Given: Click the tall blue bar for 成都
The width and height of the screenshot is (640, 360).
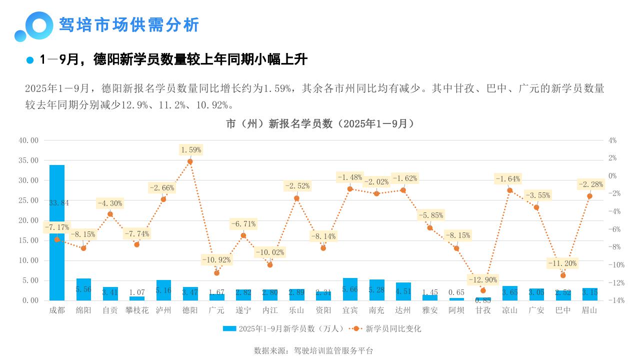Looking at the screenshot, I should pos(57,260).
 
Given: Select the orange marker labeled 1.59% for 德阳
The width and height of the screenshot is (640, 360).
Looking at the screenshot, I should pos(190,161).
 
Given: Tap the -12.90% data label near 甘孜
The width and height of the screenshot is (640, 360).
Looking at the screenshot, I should pos(482,279).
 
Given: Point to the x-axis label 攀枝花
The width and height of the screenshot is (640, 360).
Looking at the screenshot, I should pos(137,310).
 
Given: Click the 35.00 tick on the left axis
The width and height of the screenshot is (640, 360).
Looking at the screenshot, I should pos(28,160).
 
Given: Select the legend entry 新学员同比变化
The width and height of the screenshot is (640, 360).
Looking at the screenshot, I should pos(393,328).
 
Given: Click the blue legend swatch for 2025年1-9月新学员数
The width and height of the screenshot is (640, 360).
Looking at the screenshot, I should pos(229,328).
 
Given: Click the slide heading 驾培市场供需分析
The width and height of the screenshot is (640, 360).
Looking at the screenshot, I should pos(129,24).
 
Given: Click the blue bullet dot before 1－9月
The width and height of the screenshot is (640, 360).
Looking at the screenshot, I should pos(30,60).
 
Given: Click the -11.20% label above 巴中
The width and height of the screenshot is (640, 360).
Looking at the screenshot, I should pos(562,263).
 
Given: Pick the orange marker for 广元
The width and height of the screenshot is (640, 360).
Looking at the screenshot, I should pos(216,273).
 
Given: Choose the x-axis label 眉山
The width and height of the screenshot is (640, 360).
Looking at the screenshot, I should pos(589,310).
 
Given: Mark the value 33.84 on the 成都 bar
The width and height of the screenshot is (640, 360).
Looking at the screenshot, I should pos(59,203).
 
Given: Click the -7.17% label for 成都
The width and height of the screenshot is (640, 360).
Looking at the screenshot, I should pos(56,227).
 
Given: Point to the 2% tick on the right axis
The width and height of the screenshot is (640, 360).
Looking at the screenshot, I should pos(612,158).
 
